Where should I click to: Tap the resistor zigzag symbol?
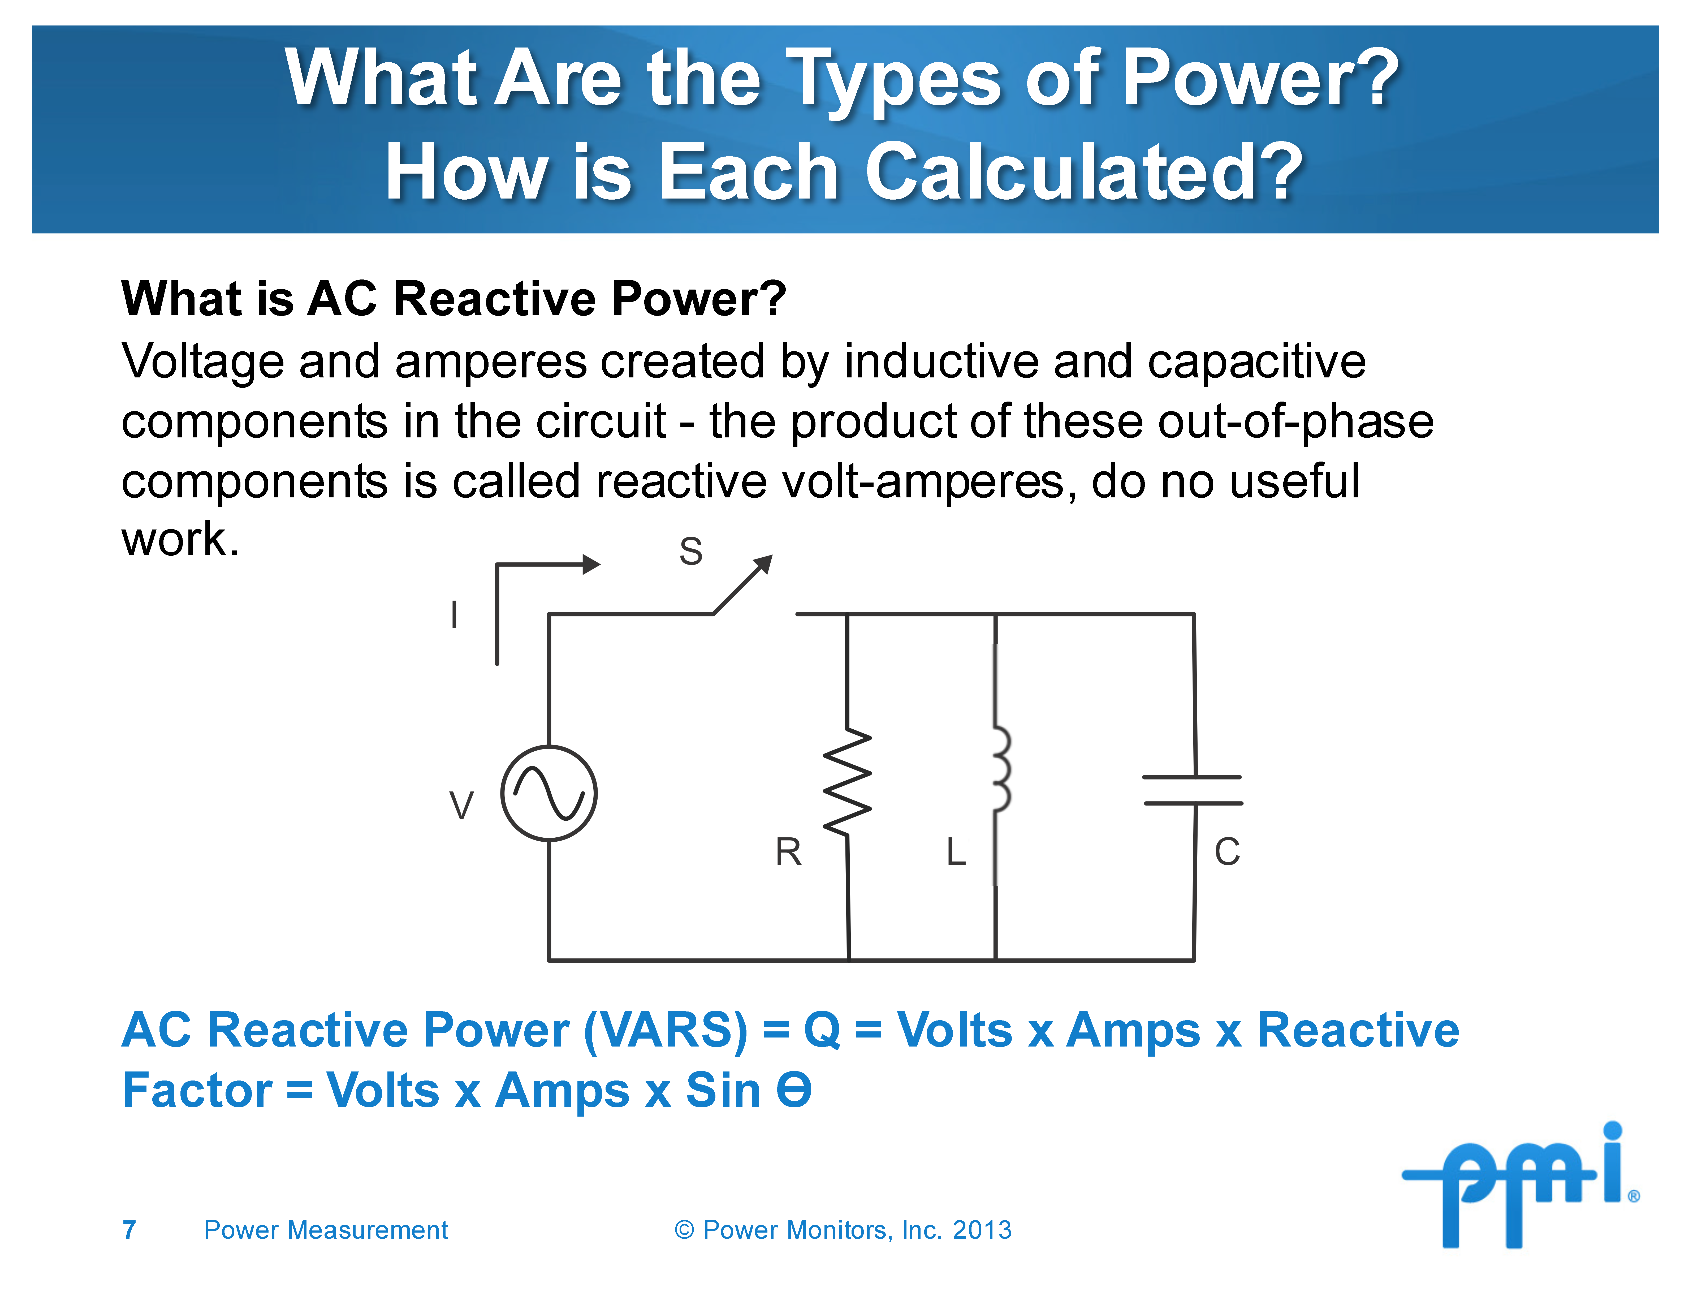click(x=847, y=782)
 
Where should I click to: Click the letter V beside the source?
click(x=461, y=805)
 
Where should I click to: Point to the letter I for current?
click(x=454, y=614)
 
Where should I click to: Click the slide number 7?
click(x=129, y=1230)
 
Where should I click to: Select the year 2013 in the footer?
click(x=982, y=1230)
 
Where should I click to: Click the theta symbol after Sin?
click(x=794, y=1090)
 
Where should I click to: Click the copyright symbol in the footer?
click(x=684, y=1230)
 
